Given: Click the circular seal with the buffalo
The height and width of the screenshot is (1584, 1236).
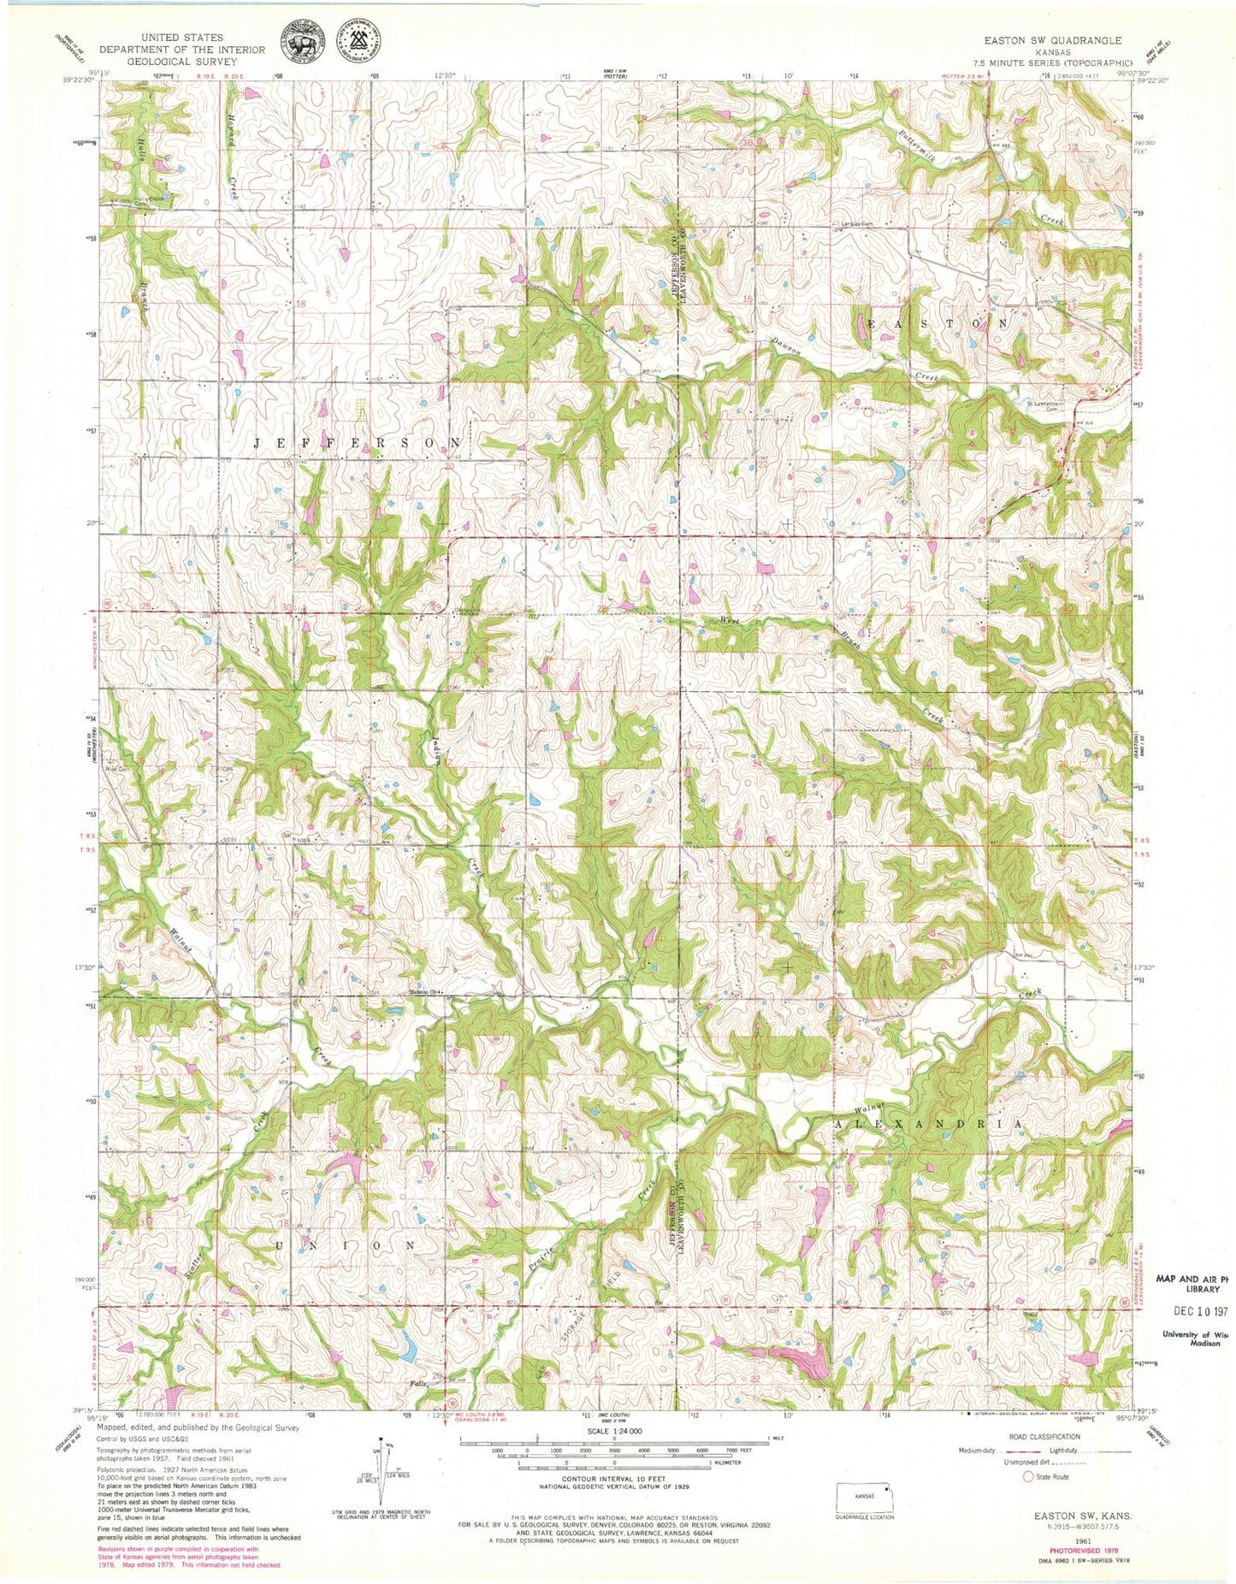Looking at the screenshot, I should tap(304, 40).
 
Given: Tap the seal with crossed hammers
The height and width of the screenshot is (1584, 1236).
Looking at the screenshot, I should tap(360, 40).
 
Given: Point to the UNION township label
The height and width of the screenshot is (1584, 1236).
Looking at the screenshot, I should tap(346, 1244).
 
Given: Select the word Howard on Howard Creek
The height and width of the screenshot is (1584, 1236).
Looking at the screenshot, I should tap(232, 133).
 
